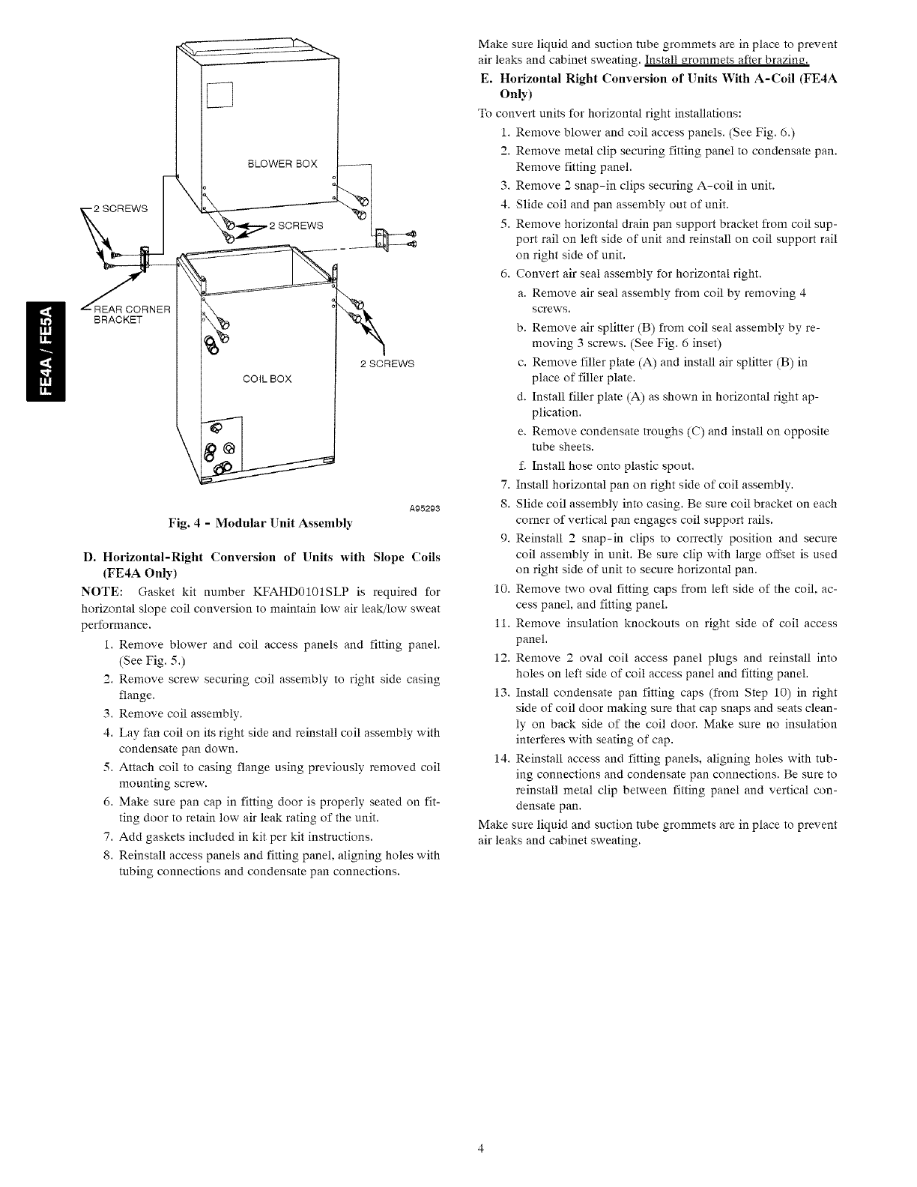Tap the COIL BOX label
click(267, 378)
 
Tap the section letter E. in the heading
click(485, 78)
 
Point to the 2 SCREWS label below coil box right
click(387, 364)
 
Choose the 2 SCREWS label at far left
click(124, 208)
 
